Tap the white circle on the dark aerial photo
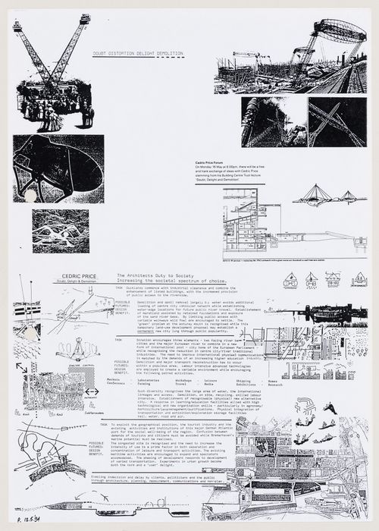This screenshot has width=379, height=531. [30, 196]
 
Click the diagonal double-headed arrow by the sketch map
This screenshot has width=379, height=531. [20, 367]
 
